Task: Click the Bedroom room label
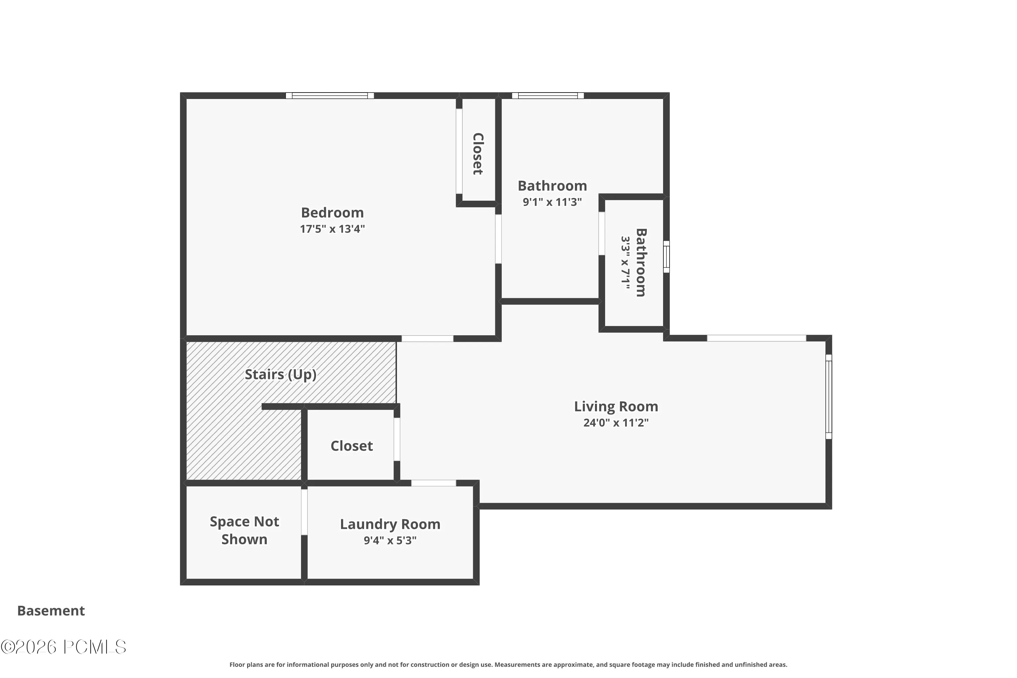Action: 332,213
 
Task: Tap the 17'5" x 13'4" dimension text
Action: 332,229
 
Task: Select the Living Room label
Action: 616,407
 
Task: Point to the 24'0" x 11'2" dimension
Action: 616,422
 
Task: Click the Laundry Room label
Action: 390,524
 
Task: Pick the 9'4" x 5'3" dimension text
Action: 390,540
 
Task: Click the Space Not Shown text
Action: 244,531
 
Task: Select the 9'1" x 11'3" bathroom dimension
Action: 552,202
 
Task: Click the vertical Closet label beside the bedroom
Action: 477,154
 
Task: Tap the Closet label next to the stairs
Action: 352,446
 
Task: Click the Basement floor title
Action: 51,611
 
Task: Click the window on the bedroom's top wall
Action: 330,96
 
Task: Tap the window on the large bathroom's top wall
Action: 548,96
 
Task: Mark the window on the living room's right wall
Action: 829,397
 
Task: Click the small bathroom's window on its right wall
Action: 666,257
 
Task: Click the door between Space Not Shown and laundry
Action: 304,512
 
